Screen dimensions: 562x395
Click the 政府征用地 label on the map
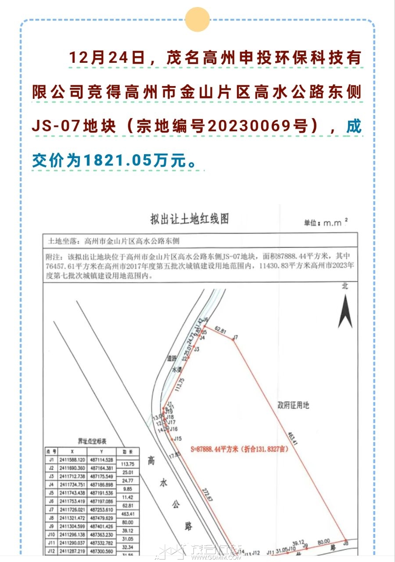293,405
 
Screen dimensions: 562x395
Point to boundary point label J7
235,337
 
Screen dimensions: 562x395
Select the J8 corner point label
345,543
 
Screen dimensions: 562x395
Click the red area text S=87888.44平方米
215,449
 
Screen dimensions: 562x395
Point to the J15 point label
177,438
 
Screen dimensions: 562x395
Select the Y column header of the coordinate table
101,451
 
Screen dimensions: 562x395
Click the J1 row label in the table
51,460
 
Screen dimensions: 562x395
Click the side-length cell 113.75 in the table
127,464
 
